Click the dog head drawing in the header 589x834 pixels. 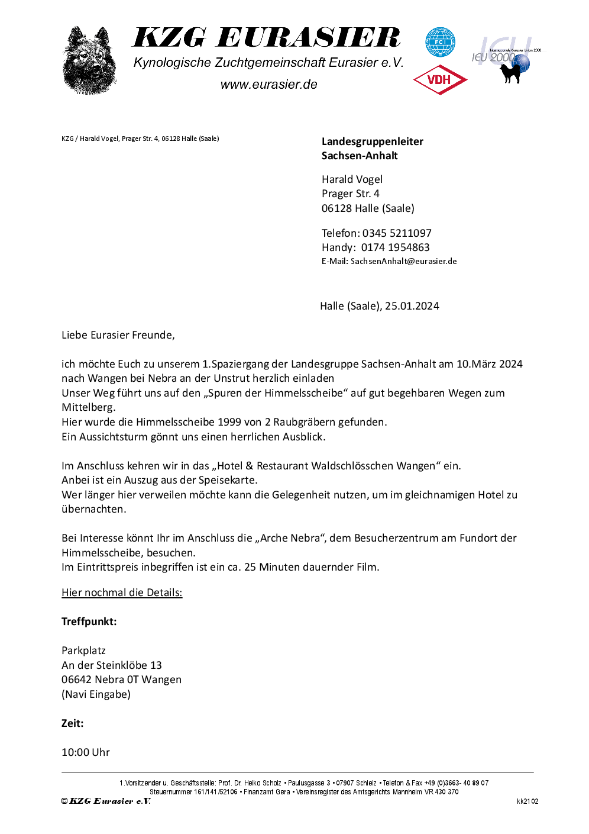point(89,60)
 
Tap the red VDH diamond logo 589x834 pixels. point(440,80)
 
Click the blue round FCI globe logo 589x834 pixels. point(440,42)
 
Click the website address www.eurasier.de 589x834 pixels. point(268,85)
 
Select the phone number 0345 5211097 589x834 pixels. point(397,233)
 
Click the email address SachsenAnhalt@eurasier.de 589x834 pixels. point(403,261)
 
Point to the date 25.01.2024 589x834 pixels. point(412,306)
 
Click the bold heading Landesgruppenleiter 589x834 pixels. point(372,141)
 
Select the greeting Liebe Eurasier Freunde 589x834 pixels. point(118,335)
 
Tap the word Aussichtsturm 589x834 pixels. point(111,437)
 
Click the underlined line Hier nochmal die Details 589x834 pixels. point(122,593)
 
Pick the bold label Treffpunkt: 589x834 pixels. point(89,622)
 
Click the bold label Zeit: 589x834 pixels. point(72,723)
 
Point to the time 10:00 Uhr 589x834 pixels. point(86,752)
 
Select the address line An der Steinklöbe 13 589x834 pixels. point(111,665)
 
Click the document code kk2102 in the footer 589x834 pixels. point(527,801)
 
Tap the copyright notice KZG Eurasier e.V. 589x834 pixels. point(106,801)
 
